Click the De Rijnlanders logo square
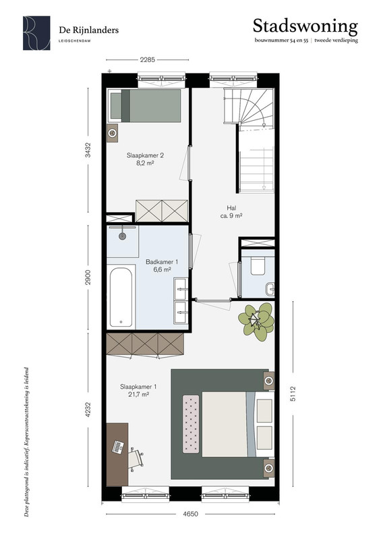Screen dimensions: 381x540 [x=36, y=33]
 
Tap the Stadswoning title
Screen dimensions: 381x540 [x=305, y=26]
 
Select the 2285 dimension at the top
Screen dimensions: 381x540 [x=147, y=60]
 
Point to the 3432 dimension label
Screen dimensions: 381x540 [x=88, y=150]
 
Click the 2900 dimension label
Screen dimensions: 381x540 [x=88, y=277]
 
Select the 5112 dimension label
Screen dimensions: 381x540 [x=293, y=394]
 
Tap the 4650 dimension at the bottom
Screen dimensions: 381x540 [x=190, y=514]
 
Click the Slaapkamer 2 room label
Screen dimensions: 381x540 [x=145, y=159]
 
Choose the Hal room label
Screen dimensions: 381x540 [x=231, y=212]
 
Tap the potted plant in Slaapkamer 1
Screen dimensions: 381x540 [x=256, y=319]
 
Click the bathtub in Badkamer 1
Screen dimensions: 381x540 [x=121, y=297]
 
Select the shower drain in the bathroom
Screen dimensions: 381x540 [x=122, y=236]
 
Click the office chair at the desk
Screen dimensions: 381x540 [x=136, y=458]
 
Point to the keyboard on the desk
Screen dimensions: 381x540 [x=118, y=447]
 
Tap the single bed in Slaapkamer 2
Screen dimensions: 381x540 [x=144, y=105]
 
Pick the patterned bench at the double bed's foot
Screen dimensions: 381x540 [x=191, y=424]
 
